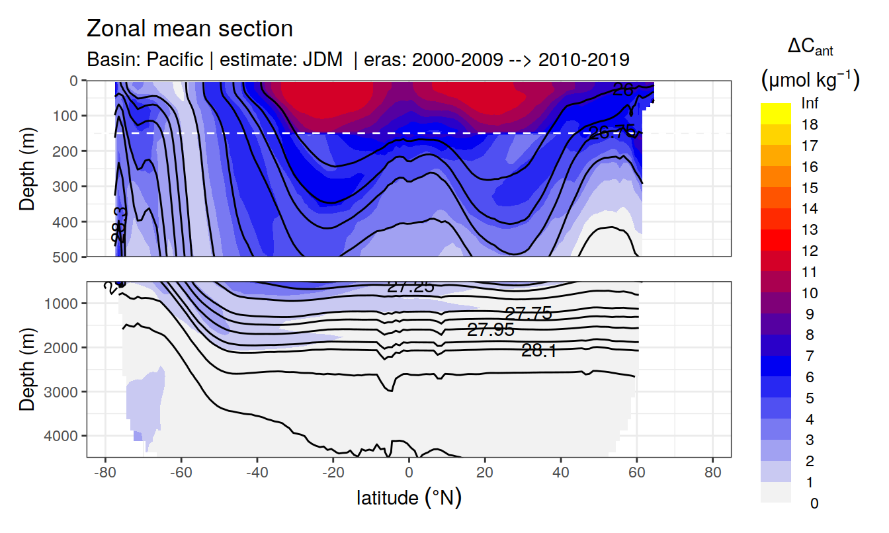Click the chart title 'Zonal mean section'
(190, 29)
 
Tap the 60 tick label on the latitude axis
(636, 472)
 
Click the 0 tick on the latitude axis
(409, 472)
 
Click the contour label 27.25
(410, 287)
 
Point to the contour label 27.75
(528, 313)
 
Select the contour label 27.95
(490, 330)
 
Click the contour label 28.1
(538, 351)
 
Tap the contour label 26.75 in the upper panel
(612, 132)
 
